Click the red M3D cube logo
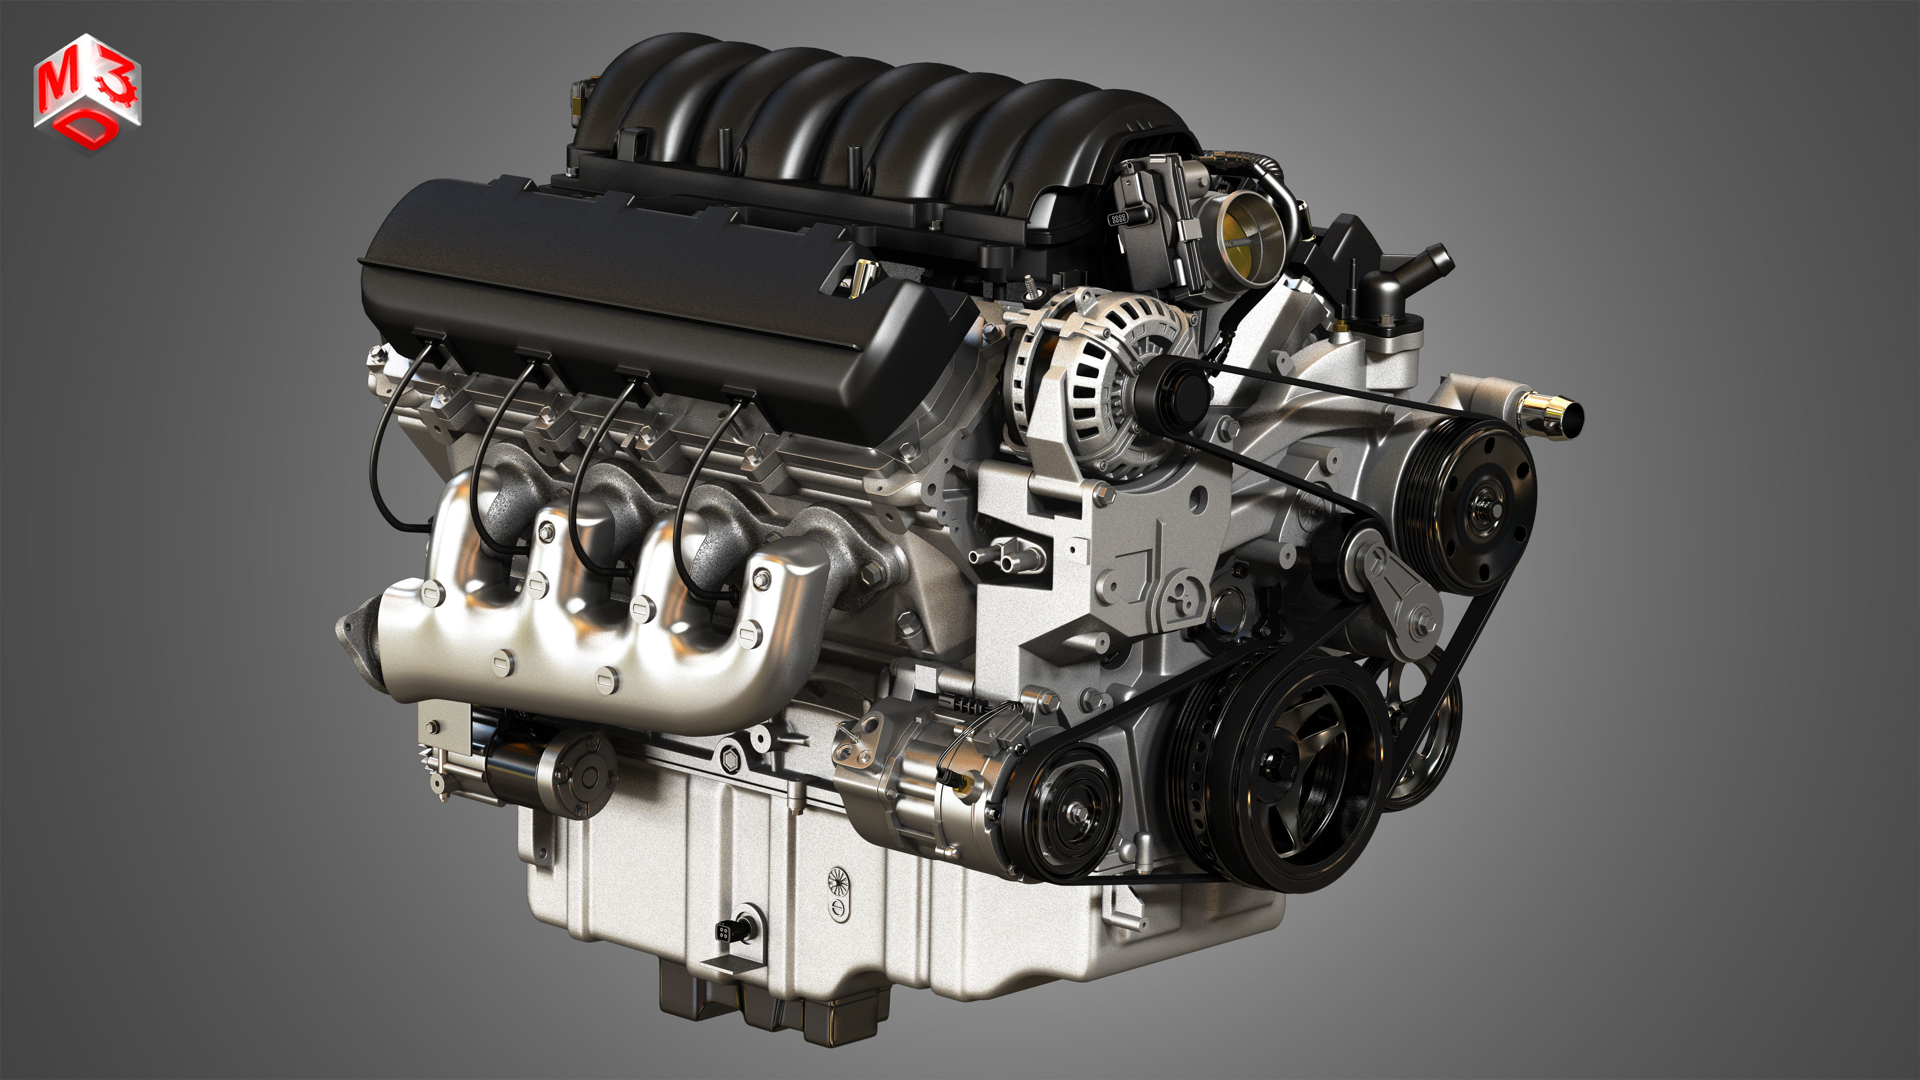(87, 93)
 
